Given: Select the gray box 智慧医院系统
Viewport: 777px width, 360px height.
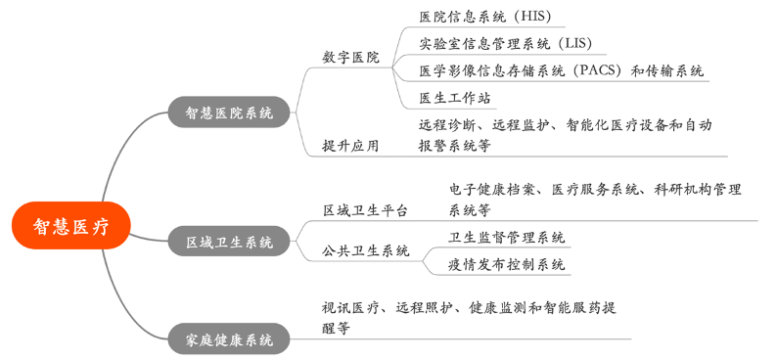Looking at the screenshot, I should tap(229, 112).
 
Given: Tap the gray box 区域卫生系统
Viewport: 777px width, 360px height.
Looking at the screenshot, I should tap(229, 241).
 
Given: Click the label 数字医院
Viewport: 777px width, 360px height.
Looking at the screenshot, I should tap(350, 58).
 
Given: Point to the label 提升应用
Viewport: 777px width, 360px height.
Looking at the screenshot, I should tap(350, 146).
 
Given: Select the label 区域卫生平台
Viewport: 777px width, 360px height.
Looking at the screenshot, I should tap(365, 209).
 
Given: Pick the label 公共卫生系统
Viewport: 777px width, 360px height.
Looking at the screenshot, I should tap(365, 251).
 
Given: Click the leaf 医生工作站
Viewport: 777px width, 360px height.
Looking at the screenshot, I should tap(454, 98).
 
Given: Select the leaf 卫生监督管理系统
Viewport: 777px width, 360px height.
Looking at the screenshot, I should tap(507, 237).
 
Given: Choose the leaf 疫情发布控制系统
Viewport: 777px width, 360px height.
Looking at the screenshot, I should tap(507, 264).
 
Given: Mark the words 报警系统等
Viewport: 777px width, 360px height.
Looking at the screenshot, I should tap(454, 146).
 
